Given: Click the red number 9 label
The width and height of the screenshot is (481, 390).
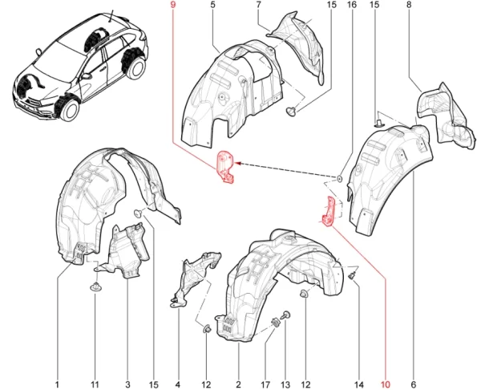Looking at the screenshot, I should [172, 6].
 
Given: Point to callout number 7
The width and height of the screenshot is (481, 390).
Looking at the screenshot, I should [259, 6].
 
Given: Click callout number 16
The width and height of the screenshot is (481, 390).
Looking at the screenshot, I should [351, 6].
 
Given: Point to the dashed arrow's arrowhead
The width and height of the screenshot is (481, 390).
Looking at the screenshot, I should [240, 163].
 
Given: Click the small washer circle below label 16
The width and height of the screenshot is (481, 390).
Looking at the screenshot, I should [340, 177].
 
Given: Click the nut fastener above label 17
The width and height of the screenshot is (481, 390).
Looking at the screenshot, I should [277, 323].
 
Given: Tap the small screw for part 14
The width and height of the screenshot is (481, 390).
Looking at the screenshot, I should [351, 275].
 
